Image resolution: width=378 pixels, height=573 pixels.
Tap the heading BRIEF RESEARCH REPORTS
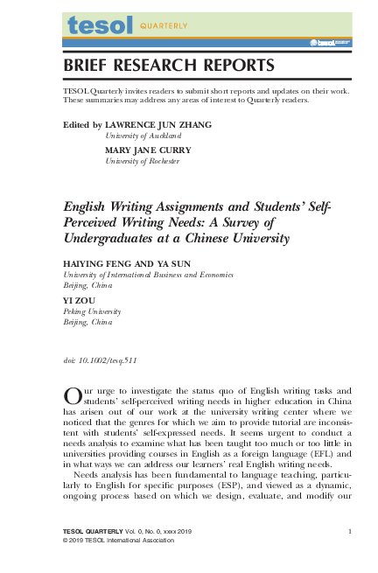tap(169, 66)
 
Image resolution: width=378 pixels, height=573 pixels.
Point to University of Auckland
tap(143, 137)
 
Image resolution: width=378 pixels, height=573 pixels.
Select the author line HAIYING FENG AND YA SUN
tap(123, 262)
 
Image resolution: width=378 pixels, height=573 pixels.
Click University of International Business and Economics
tap(148, 274)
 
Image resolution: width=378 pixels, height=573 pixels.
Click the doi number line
tap(100, 360)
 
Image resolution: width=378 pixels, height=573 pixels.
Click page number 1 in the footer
tap(349, 531)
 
